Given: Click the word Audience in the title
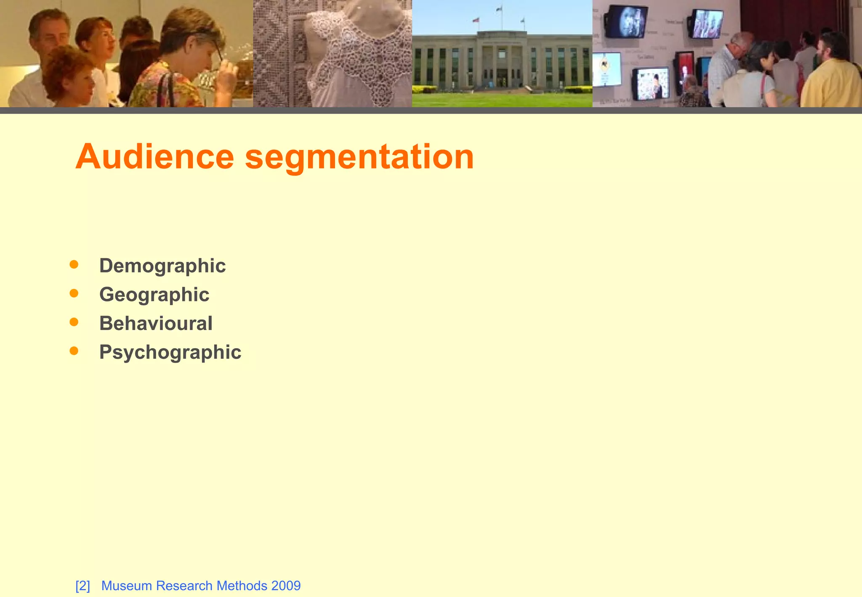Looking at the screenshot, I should pos(154,157).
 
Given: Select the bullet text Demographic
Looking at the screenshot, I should pos(162,266).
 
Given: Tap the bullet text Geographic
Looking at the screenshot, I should pos(154,295).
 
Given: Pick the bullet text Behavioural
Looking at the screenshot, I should pos(156,323).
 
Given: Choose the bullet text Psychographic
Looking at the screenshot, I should pos(170,352).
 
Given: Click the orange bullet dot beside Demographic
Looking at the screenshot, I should pos(74,264).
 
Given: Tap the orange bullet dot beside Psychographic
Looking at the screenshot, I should pos(74,351).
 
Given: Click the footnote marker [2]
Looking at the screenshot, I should pos(82,586).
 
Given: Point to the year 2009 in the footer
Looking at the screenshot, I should pos(286,586).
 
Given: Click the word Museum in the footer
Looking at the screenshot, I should pos(127,586).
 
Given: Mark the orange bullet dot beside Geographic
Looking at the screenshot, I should pos(74,293).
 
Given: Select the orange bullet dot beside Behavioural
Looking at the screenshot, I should pos(74,322).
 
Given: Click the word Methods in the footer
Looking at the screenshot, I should pos(242,586).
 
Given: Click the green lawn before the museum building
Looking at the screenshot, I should pos(502,100).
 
